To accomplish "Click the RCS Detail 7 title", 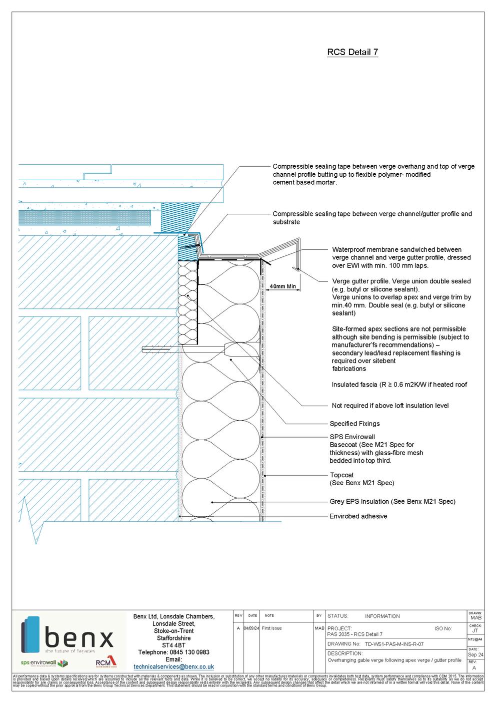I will pyautogui.click(x=352, y=52).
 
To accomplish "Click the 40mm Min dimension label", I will pyautogui.click(x=283, y=287).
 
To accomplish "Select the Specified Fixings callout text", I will pyautogui.click(x=354, y=424).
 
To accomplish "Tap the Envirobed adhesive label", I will pyautogui.click(x=358, y=516).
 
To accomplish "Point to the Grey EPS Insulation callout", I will pyautogui.click(x=392, y=501).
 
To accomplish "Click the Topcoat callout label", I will pyautogui.click(x=341, y=475).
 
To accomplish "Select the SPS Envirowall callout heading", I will pyautogui.click(x=352, y=437).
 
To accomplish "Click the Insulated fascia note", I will pyautogui.click(x=399, y=385).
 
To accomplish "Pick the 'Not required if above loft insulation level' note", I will pyautogui.click(x=390, y=406).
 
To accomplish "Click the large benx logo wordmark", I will pyautogui.click(x=78, y=640).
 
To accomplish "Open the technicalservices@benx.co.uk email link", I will pyautogui.click(x=173, y=667).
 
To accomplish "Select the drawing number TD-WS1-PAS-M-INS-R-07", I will pyautogui.click(x=394, y=644).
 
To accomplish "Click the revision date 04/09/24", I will pyautogui.click(x=251, y=628).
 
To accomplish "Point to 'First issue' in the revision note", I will pyautogui.click(x=271, y=628).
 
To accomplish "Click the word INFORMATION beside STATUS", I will pyautogui.click(x=382, y=616).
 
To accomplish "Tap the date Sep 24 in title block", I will pyautogui.click(x=475, y=655).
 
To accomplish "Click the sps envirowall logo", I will pyautogui.click(x=44, y=663).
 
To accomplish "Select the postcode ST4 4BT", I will pyautogui.click(x=173, y=645).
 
